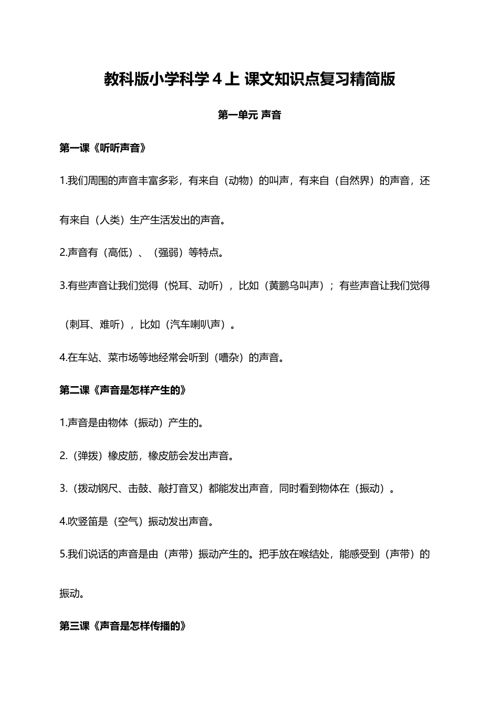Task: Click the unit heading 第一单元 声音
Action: point(250,115)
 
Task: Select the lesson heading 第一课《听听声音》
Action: point(103,148)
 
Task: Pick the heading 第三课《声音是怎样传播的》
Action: point(123,626)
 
